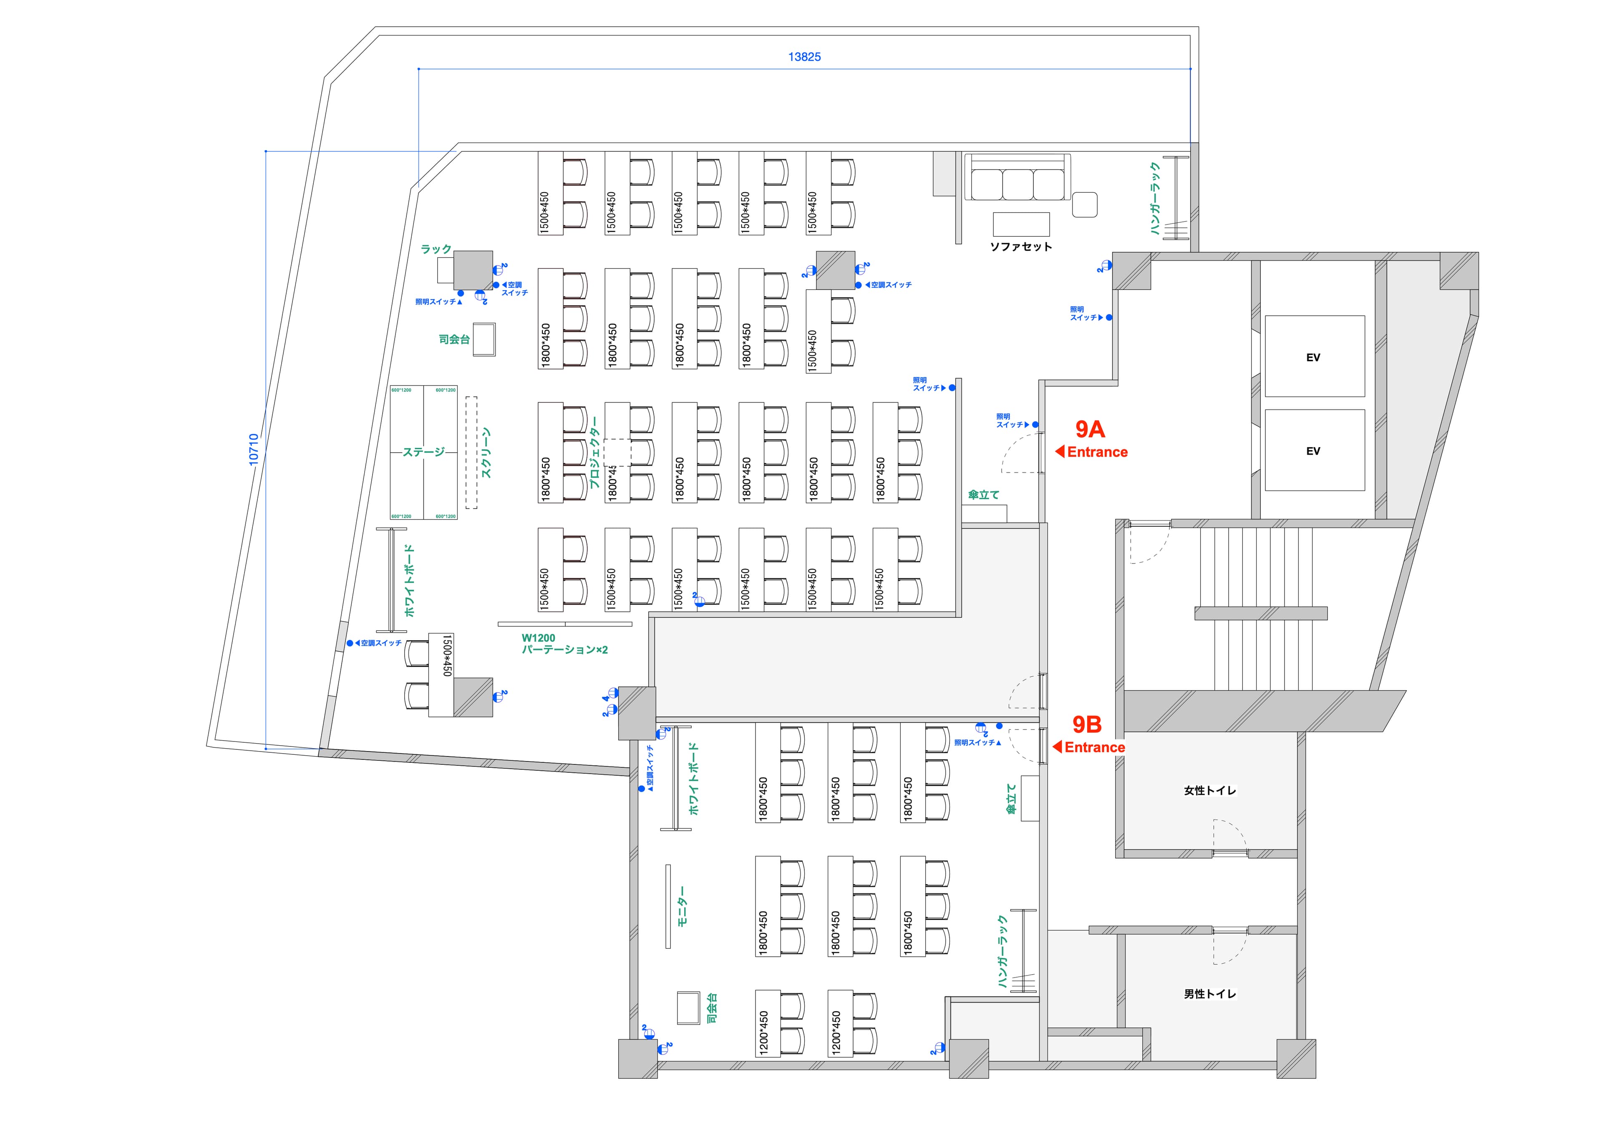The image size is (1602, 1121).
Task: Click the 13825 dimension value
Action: pyautogui.click(x=804, y=57)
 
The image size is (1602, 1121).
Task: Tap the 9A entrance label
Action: pyautogui.click(x=1090, y=429)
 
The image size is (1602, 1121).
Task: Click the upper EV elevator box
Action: pyautogui.click(x=1314, y=357)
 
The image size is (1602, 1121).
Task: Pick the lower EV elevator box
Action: pyautogui.click(x=1314, y=451)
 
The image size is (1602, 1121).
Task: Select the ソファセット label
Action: pyautogui.click(x=1021, y=246)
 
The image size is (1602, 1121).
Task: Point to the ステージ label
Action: pyautogui.click(x=423, y=452)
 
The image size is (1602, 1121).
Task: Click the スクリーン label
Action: pyautogui.click(x=486, y=453)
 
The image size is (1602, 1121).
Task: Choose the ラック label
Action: pyautogui.click(x=436, y=249)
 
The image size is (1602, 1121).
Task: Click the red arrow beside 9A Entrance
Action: pyautogui.click(x=1060, y=452)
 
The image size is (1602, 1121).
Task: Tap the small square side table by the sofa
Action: pyautogui.click(x=1085, y=204)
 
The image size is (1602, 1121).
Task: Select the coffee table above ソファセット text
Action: pyautogui.click(x=1021, y=224)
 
